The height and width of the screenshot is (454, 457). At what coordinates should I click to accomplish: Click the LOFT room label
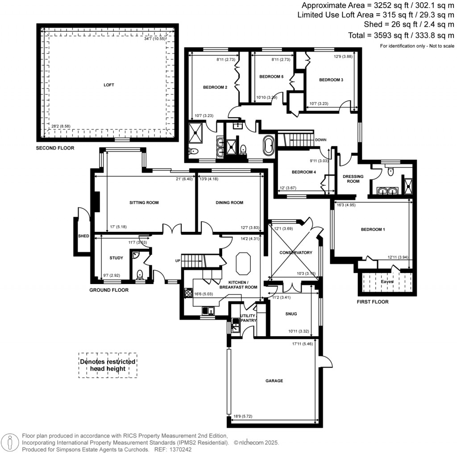tap(109, 85)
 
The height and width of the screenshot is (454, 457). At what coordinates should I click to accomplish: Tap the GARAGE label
tap(274, 381)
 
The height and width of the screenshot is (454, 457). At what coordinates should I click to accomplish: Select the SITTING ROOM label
tap(144, 202)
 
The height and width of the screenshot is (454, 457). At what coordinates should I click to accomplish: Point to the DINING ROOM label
tap(229, 202)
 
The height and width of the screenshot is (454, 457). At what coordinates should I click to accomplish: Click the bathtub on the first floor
tap(269, 146)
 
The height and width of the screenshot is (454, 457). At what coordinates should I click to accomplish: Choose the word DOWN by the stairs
tap(320, 140)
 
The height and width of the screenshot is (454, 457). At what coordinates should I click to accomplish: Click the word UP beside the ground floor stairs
tap(177, 260)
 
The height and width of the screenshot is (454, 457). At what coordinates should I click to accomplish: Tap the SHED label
tap(83, 236)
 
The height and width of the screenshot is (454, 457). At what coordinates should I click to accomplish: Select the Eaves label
tap(387, 282)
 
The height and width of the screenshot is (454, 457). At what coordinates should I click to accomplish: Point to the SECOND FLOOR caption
tap(55, 148)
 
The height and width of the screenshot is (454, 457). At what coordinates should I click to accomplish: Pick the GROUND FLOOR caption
tap(109, 290)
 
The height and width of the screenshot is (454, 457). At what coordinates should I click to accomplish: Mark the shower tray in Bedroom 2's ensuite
tap(197, 131)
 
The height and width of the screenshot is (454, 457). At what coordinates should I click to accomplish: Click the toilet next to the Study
tap(140, 274)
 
